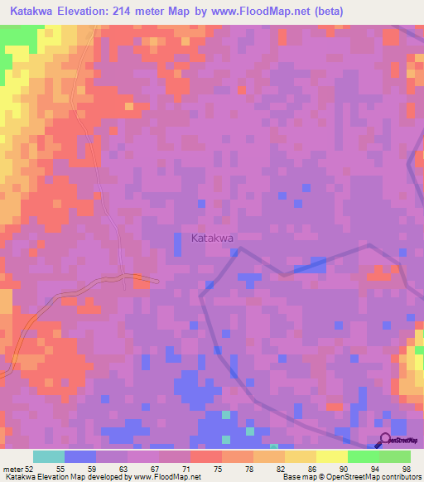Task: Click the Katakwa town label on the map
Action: click(213, 238)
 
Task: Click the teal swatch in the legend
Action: click(49, 455)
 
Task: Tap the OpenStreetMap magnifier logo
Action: click(385, 441)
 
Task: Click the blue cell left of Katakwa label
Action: click(177, 243)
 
